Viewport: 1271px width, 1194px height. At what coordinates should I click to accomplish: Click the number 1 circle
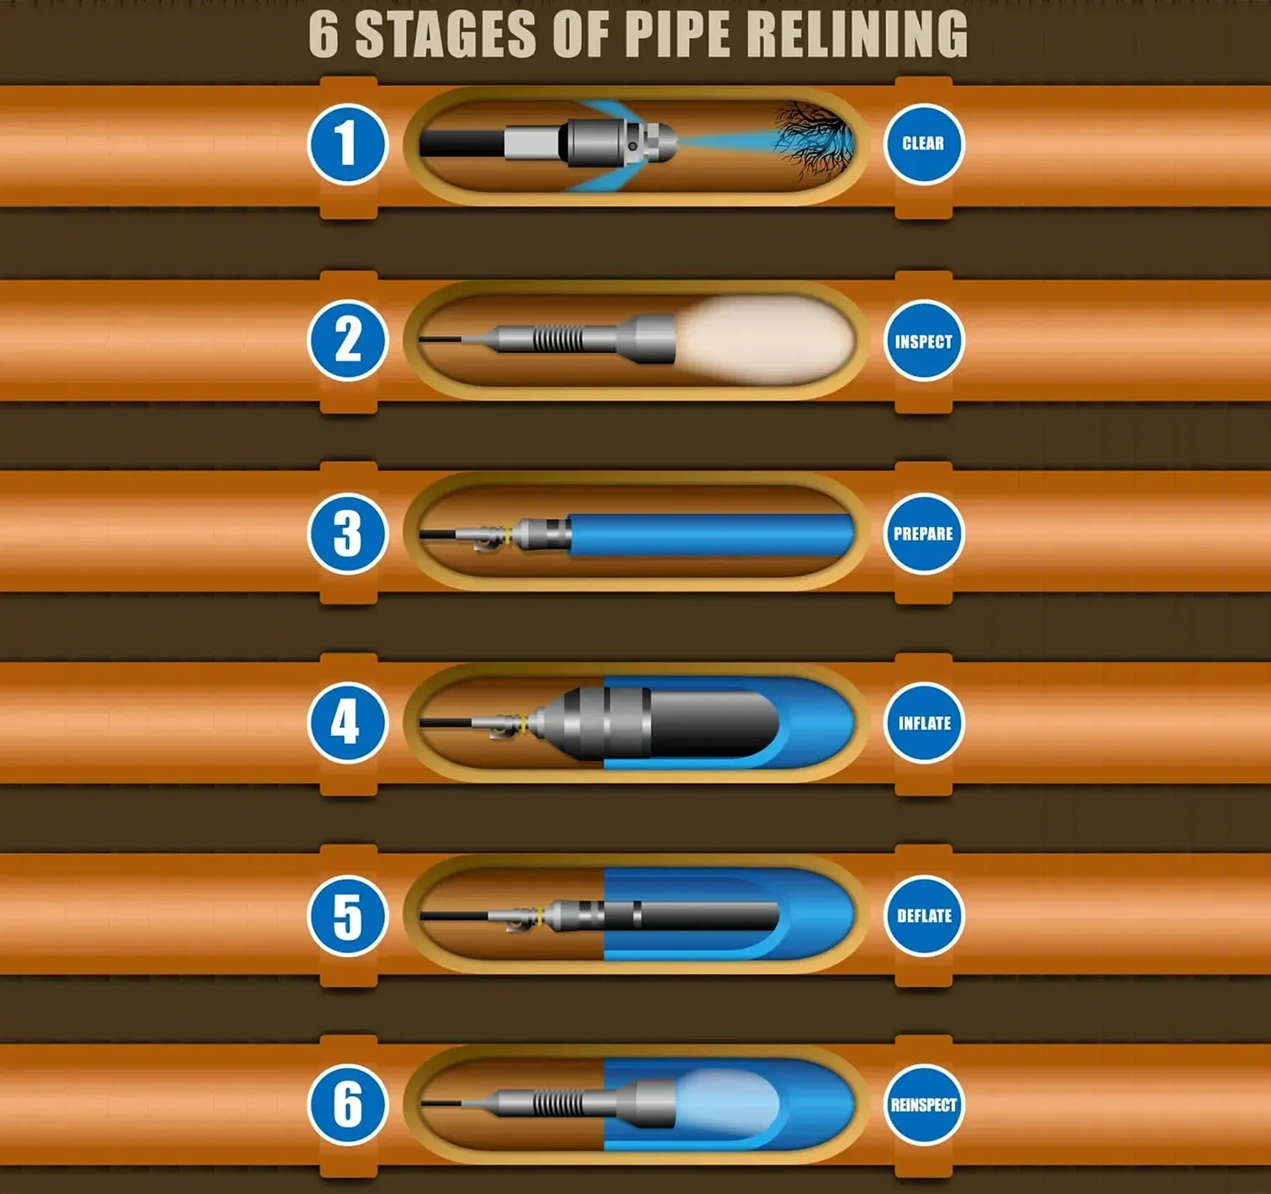point(346,144)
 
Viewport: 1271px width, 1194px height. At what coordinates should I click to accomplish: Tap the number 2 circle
point(346,340)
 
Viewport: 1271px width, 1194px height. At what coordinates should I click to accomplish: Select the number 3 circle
point(346,533)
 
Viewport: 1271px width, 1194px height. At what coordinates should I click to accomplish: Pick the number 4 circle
point(346,723)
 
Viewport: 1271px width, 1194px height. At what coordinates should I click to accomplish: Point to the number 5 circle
point(346,916)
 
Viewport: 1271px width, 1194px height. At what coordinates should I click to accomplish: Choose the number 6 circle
point(346,1105)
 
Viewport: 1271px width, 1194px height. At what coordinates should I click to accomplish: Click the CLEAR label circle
point(923,143)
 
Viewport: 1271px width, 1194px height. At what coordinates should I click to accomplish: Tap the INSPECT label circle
point(923,341)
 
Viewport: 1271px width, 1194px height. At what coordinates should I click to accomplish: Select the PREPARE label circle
point(923,533)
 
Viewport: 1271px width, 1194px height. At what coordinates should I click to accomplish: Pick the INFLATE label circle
point(924,723)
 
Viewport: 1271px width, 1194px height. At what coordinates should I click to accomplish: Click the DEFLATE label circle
point(924,916)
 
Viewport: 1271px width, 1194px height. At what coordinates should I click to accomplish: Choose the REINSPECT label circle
point(924,1105)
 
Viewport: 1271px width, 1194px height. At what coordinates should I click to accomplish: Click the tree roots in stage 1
point(813,139)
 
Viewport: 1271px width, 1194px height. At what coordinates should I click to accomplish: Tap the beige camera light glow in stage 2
point(766,340)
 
